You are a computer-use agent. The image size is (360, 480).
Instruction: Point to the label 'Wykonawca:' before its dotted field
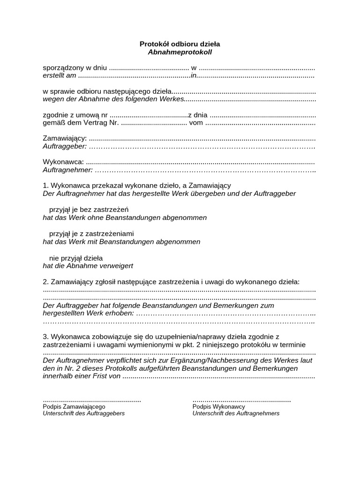(63, 162)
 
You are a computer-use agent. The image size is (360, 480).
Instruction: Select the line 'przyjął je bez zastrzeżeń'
(89, 210)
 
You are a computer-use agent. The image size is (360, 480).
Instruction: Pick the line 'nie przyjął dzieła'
(76, 258)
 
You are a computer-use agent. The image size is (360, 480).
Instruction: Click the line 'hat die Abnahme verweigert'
(88, 266)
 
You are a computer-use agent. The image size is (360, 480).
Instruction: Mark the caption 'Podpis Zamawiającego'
(74, 407)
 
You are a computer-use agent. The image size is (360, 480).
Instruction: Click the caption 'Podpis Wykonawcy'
(218, 407)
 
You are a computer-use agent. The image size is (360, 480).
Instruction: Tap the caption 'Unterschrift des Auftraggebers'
(84, 413)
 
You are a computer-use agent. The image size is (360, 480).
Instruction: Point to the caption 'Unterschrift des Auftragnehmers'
(236, 413)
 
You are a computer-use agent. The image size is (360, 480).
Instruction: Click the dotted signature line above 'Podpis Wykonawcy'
(241, 400)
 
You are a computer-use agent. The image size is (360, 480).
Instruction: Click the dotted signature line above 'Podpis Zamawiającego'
(92, 400)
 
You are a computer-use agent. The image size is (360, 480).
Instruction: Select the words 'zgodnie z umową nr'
(75, 115)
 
